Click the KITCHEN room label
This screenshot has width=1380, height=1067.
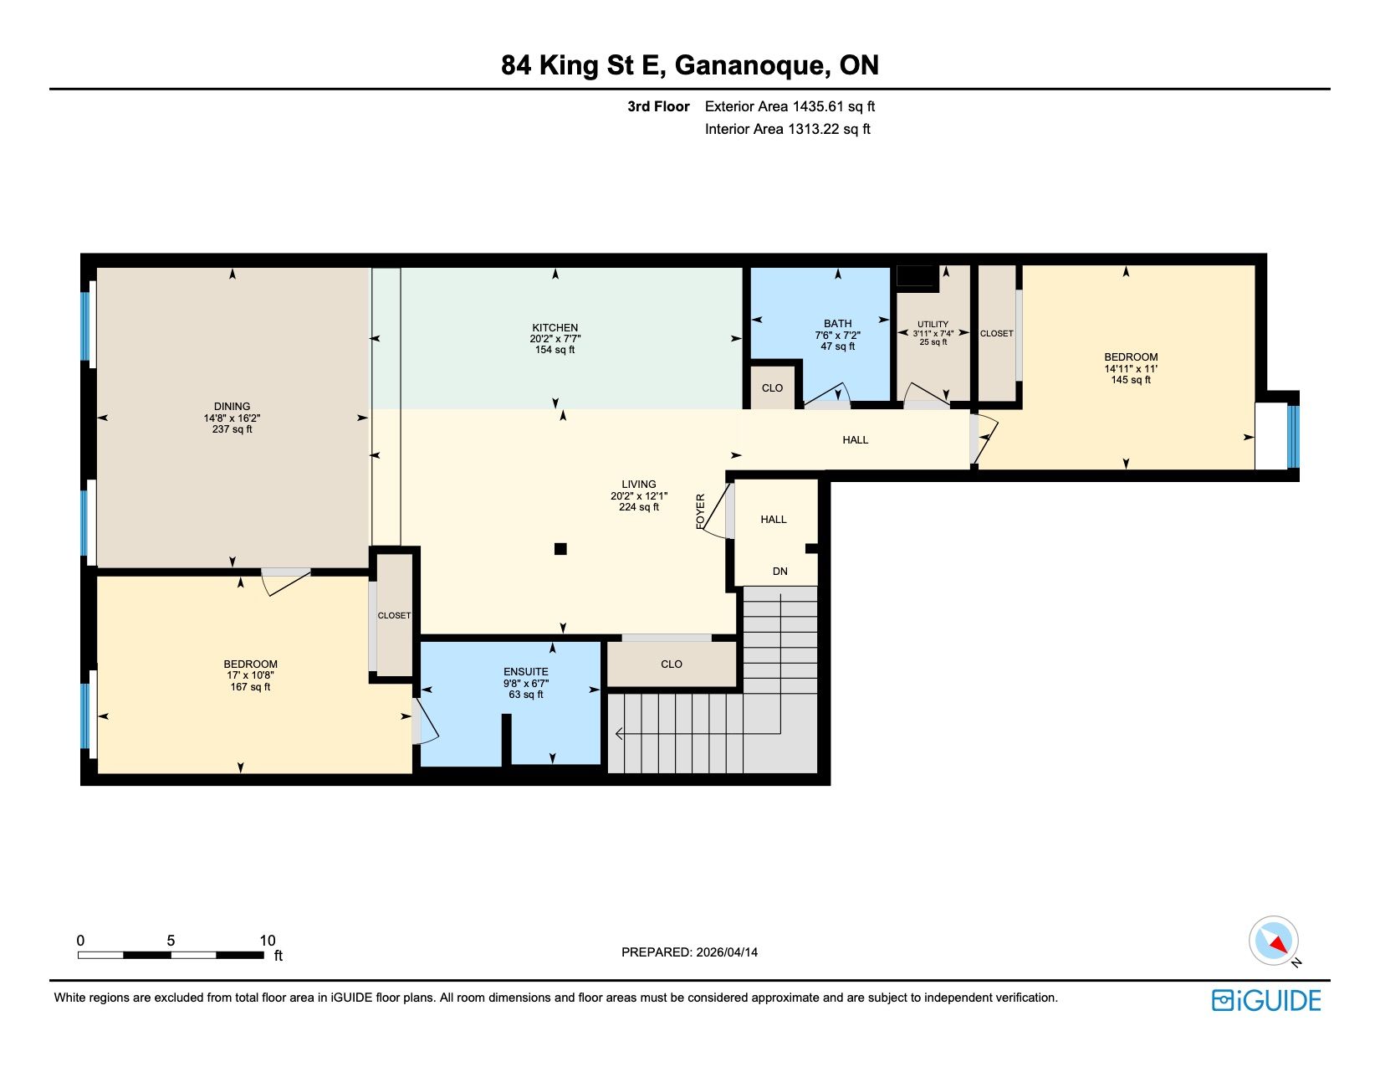coord(555,328)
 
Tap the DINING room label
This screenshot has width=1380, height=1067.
coord(232,407)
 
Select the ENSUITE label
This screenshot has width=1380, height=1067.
coord(525,672)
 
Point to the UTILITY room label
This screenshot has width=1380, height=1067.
coord(933,324)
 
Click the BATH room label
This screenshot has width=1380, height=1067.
coord(838,324)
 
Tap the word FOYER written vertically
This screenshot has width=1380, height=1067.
coord(701,511)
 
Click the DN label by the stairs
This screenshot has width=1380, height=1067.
coord(779,572)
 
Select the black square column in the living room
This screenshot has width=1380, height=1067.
coord(560,549)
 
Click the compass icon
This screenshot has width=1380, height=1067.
coord(1273,941)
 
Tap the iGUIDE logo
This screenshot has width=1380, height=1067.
coord(1265,1000)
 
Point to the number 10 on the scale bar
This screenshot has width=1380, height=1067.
coord(268,941)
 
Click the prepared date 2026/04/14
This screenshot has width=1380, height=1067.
coord(727,952)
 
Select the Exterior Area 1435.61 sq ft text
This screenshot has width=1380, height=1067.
coord(790,107)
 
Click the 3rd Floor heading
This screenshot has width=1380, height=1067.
coord(658,107)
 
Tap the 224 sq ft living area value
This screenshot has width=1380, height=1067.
coord(639,507)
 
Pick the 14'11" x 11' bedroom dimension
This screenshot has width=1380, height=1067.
coord(1131,368)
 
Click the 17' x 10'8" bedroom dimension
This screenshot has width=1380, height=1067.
coord(250,675)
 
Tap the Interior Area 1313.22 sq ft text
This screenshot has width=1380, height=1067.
coord(788,129)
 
